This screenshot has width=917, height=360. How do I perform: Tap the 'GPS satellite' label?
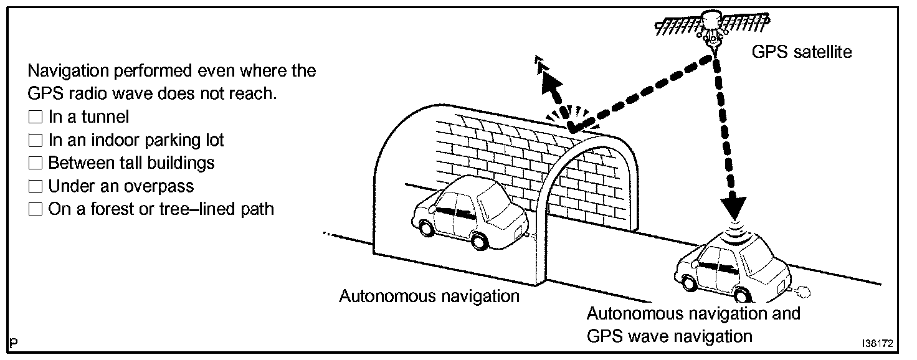point(801,52)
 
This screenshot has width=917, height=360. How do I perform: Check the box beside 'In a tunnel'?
point(35,116)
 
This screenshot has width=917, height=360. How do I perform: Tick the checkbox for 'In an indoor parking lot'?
point(35,140)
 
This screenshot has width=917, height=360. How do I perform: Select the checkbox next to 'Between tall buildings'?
point(35,163)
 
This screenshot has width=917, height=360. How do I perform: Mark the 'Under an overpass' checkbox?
point(35,186)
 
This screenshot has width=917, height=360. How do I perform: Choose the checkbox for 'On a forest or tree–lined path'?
point(35,209)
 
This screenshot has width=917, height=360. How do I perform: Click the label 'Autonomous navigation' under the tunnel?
point(429,296)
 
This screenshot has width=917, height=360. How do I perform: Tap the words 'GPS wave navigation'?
point(670,336)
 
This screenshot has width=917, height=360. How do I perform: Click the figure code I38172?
point(878,344)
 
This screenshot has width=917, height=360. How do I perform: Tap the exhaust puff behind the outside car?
point(802,290)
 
